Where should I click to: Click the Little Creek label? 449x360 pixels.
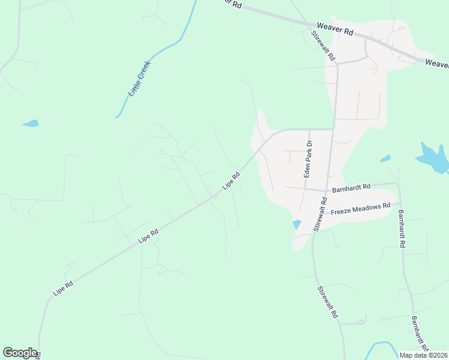139,79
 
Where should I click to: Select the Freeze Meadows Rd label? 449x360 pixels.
361,208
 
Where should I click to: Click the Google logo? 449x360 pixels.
20,353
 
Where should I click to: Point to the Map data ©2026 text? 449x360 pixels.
423,355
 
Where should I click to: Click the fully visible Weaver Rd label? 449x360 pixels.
336,28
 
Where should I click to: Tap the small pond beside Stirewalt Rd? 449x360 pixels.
296,225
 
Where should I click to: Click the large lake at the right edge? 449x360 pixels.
433,158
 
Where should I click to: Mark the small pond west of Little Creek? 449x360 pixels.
31,124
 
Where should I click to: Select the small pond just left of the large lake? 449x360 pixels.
385,158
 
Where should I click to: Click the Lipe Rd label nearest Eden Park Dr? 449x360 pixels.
232,181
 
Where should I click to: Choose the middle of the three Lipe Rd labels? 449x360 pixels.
148,235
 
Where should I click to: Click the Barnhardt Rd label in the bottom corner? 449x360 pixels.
420,334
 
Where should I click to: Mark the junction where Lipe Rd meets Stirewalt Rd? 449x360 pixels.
334,129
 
